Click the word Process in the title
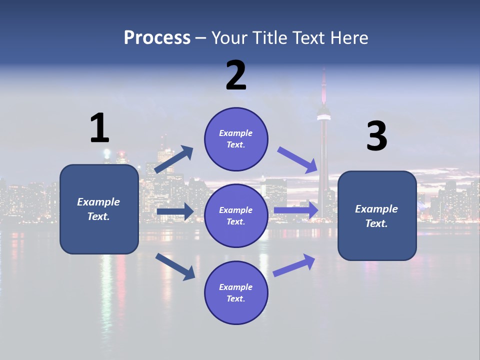point(157,38)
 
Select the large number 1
point(99,128)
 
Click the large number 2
point(236,75)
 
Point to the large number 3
point(376,136)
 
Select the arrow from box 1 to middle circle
point(174,211)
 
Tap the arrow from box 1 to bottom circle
point(175,266)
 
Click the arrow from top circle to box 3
point(297,159)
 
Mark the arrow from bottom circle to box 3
point(294,265)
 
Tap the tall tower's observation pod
point(324,112)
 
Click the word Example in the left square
point(98,202)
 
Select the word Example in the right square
point(376,209)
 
